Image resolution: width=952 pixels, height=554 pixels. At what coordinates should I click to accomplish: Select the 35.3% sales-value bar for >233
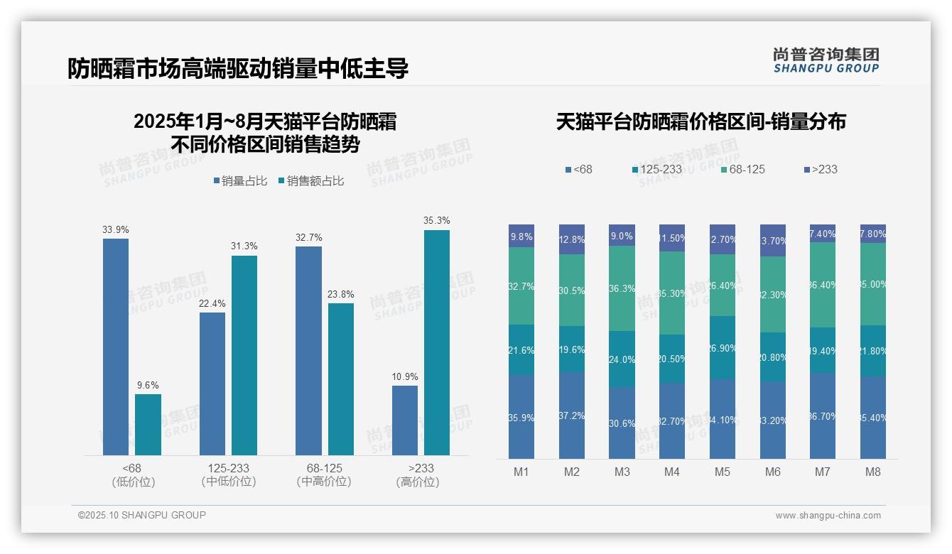click(x=437, y=342)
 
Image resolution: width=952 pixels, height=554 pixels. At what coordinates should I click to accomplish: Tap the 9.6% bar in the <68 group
click(x=148, y=425)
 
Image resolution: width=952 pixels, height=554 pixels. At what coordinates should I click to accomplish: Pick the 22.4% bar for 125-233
click(x=212, y=384)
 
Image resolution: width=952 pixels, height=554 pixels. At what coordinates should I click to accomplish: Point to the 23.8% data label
click(x=340, y=294)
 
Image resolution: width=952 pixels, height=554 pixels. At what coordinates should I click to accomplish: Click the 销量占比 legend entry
click(x=240, y=181)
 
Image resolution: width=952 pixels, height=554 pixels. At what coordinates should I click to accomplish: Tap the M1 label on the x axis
click(x=521, y=472)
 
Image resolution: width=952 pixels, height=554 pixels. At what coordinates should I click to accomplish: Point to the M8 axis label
click(x=872, y=472)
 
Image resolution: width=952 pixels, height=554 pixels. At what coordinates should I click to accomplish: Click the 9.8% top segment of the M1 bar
click(x=521, y=236)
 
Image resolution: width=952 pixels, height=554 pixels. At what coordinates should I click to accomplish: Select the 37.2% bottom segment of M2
click(x=572, y=415)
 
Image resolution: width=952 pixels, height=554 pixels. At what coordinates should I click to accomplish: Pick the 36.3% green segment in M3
click(x=622, y=288)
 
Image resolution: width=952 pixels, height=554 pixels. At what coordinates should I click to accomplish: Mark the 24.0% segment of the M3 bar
click(x=622, y=359)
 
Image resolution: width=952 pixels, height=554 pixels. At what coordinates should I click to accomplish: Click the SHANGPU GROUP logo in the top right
click(x=826, y=60)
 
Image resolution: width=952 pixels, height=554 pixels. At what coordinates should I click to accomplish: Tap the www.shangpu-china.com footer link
click(x=828, y=516)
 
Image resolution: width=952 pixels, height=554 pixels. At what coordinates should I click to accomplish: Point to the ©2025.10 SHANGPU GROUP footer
click(x=142, y=515)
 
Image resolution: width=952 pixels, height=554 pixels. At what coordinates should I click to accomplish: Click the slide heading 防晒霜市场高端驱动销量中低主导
click(x=238, y=69)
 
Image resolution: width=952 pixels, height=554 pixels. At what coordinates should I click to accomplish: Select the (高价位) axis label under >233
click(x=418, y=482)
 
